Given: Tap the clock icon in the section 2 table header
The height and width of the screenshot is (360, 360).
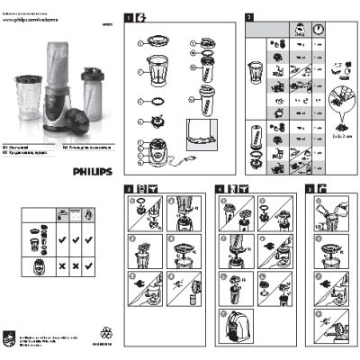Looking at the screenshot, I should [x=319, y=29].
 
